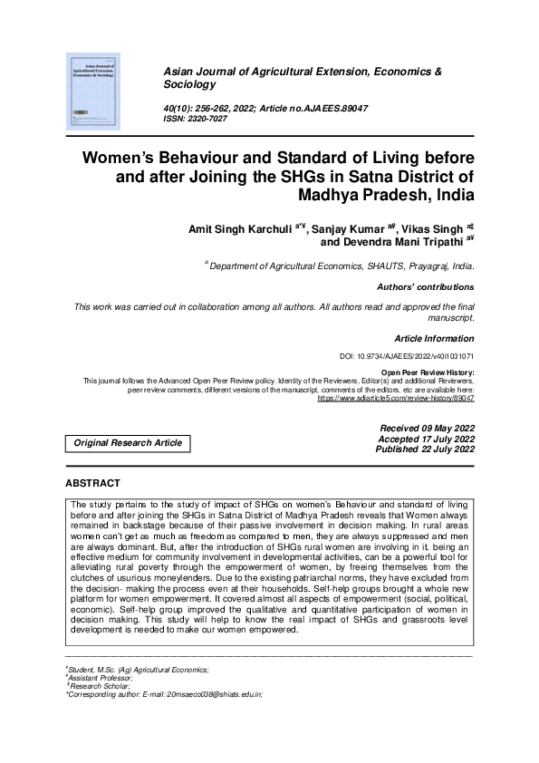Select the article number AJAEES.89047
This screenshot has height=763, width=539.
(x=322, y=109)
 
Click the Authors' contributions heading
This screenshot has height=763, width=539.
(x=426, y=287)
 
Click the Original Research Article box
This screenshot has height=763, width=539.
(x=128, y=443)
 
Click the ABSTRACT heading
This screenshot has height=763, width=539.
(x=93, y=483)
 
